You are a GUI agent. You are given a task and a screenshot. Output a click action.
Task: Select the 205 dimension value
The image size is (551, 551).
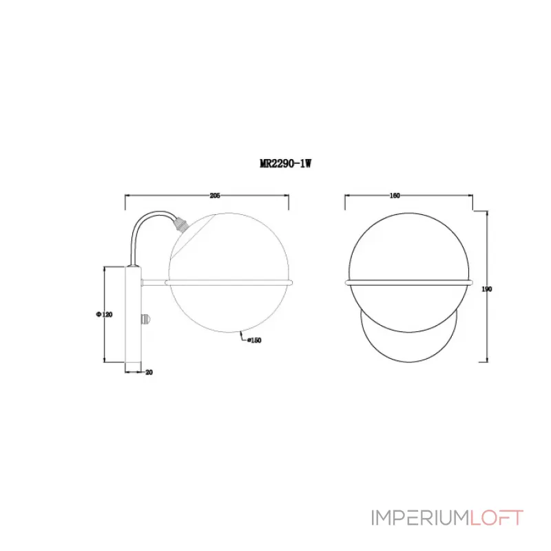click(214, 196)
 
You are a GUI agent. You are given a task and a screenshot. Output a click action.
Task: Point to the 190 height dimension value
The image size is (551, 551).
click(488, 289)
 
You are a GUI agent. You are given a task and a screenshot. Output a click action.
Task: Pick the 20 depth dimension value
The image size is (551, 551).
click(149, 372)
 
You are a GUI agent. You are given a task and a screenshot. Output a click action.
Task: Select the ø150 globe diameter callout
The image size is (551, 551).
click(253, 340)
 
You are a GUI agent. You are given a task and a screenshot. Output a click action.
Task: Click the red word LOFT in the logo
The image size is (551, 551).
click(497, 517)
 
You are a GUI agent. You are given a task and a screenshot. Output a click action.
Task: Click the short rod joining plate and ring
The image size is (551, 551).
click(153, 282)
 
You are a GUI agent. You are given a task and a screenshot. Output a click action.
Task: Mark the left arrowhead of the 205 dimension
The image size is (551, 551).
click(127, 196)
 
